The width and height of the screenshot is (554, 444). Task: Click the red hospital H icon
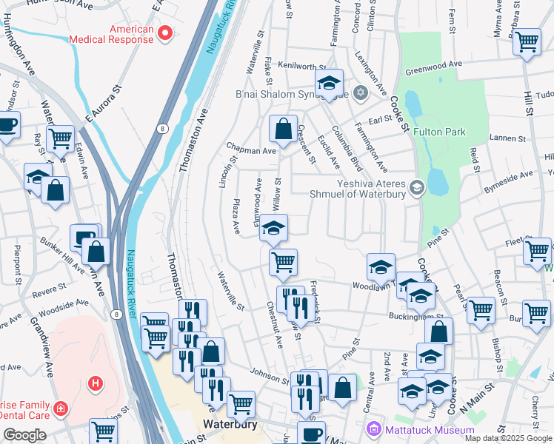(95, 383)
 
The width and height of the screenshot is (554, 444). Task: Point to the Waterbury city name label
(230, 425)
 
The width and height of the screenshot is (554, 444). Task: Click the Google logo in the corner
(24, 435)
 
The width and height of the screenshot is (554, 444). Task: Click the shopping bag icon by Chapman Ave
(283, 129)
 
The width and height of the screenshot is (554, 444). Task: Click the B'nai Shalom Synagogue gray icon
(361, 92)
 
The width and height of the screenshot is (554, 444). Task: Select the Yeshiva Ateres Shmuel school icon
(416, 186)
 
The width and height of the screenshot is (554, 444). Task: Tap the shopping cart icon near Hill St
(527, 41)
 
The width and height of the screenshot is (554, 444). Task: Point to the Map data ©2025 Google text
(508, 438)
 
